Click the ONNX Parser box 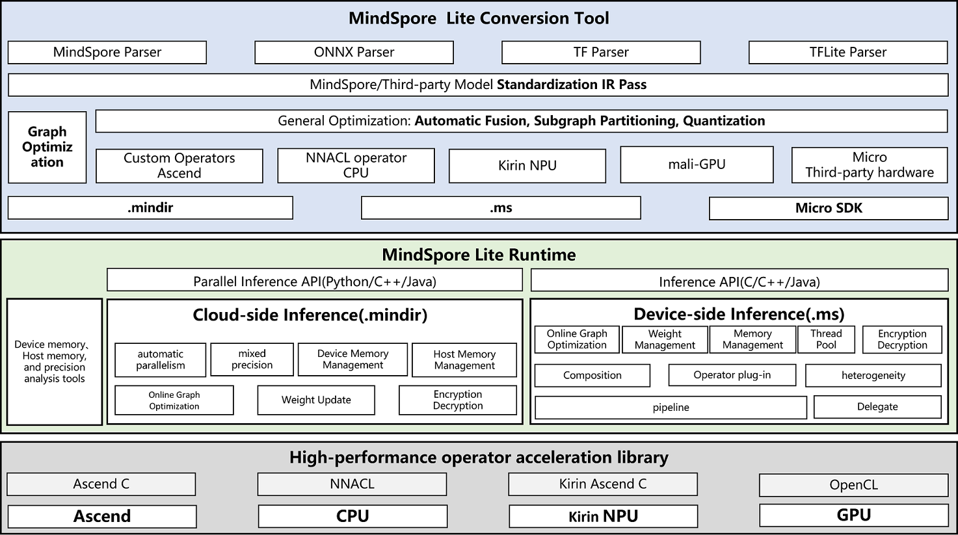354,53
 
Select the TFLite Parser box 847,53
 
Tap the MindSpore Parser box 107,53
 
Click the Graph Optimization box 47,147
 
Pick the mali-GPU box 697,164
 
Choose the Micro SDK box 828,208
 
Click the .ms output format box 501,208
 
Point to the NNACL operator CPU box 356,165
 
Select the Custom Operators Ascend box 179,166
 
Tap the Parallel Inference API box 315,281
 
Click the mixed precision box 252,359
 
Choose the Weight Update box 316,400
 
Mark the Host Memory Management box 464,360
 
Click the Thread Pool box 826,339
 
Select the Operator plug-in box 732,375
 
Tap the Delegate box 877,407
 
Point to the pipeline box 671,408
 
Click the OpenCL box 853,485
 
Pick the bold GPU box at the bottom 853,515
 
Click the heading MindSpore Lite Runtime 479,255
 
